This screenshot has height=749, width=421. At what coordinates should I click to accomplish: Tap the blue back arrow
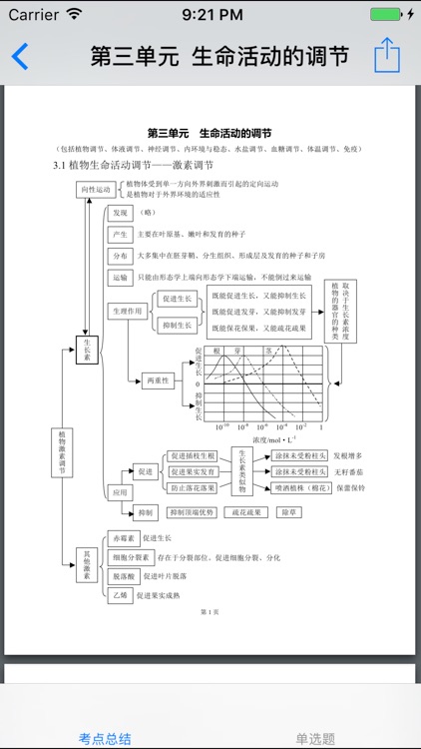(x=20, y=55)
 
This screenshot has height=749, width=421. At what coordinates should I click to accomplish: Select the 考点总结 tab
(x=105, y=738)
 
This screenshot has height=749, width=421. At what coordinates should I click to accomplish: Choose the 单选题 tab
(x=315, y=738)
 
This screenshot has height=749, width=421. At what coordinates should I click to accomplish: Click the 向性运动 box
(x=98, y=190)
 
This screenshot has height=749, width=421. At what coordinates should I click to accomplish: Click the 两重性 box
(x=160, y=380)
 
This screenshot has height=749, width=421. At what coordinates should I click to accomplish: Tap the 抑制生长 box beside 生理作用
(x=177, y=326)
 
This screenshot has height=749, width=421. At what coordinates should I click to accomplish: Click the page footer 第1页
(x=210, y=611)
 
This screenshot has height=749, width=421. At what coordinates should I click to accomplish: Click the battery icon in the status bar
(x=386, y=15)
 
